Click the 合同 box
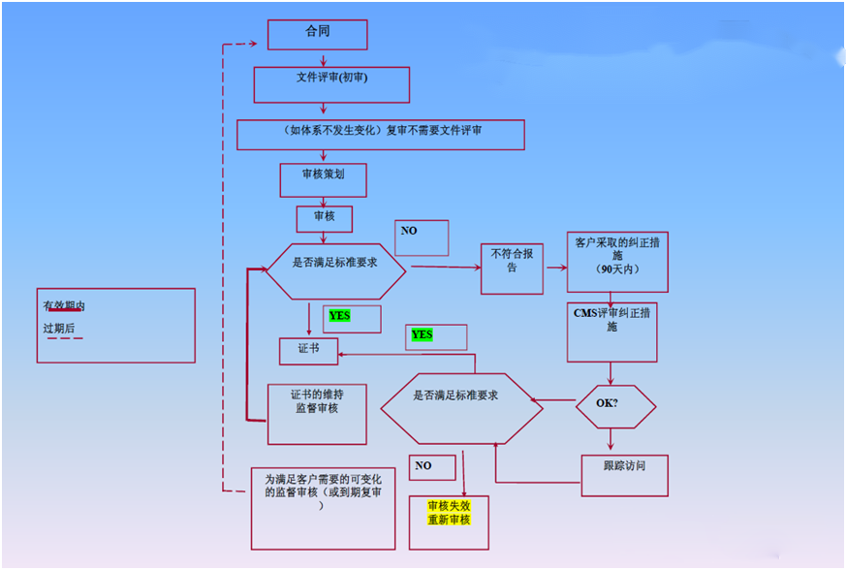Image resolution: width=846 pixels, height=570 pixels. coord(317,34)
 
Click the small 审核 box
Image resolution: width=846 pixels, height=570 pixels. coord(324,218)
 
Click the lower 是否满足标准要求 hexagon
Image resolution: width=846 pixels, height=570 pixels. coord(461,408)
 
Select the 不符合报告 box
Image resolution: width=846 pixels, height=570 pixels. coord(513,268)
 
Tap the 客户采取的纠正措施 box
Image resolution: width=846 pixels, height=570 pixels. coord(617,262)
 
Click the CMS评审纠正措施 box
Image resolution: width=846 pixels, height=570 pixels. coord(611,332)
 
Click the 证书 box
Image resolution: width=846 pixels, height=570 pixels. coord(308,349)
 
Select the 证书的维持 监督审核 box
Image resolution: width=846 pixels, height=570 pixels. coord(316,413)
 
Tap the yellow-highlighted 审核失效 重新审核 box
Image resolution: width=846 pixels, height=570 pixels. coord(449,522)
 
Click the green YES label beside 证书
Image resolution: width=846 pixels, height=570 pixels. coord(340,316)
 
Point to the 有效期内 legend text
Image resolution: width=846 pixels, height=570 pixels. coord(63,305)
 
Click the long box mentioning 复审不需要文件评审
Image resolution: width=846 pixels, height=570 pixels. coord(380,134)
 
